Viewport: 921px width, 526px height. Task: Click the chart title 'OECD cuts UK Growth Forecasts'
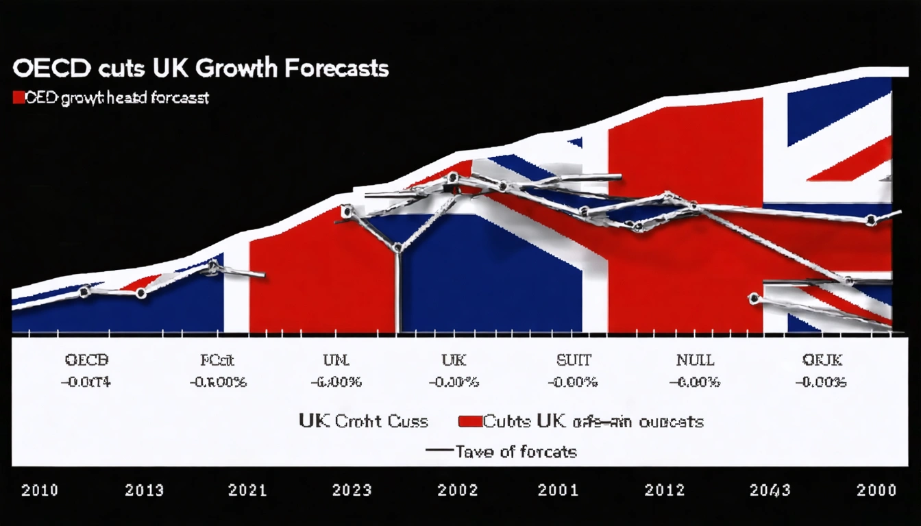[x=200, y=69]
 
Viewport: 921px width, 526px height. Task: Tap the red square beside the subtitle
[x=19, y=98]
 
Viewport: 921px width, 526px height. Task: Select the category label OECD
[x=86, y=360]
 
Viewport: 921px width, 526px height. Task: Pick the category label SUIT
[x=573, y=360]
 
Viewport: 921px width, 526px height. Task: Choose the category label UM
[x=336, y=360]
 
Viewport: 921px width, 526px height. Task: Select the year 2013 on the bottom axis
[x=145, y=490]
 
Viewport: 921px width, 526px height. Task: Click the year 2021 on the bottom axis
[x=247, y=490]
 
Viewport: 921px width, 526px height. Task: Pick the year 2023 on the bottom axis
[x=352, y=490]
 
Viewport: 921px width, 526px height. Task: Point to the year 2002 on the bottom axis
[x=456, y=490]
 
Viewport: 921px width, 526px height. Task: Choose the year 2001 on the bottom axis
[x=558, y=490]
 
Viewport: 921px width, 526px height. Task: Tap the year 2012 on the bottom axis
[x=665, y=490]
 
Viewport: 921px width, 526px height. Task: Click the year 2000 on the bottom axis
[x=876, y=490]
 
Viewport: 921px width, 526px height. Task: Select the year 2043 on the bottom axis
[x=770, y=490]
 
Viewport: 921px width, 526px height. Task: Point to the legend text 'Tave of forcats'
[x=515, y=451]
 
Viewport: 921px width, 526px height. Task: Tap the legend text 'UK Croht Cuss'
[x=363, y=421]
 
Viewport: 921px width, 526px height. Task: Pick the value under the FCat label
[x=218, y=382]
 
